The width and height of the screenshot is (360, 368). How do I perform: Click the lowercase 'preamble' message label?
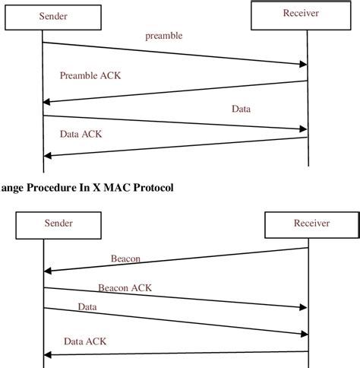click(x=163, y=36)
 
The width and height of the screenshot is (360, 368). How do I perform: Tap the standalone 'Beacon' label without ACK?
click(x=125, y=259)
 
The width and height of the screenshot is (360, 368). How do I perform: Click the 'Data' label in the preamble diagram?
click(x=242, y=109)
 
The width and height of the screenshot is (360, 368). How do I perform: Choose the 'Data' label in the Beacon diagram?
click(x=88, y=306)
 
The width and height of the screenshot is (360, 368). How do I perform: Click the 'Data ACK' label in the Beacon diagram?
click(x=85, y=341)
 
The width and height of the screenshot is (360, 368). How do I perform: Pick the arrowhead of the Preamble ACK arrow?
click(x=47, y=102)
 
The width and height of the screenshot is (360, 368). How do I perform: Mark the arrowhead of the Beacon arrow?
click(x=47, y=271)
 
